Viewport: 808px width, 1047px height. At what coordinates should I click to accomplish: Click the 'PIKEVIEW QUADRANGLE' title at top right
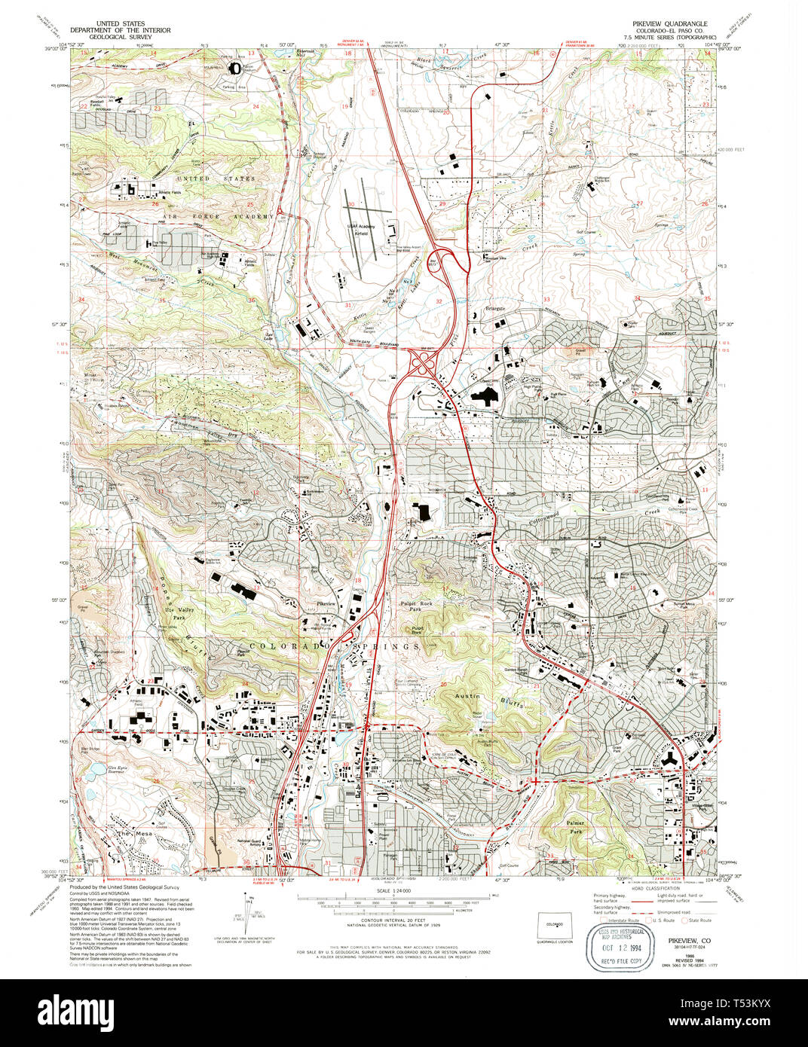click(663, 24)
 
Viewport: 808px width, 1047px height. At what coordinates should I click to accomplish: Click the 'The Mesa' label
click(124, 834)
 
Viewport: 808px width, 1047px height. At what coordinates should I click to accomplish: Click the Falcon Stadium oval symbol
click(235, 69)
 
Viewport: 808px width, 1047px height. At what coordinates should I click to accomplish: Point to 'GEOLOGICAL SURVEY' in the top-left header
click(121, 36)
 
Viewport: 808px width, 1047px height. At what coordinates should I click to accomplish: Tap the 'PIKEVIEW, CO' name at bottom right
click(689, 941)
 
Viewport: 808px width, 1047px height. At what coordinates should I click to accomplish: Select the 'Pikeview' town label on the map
click(326, 604)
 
